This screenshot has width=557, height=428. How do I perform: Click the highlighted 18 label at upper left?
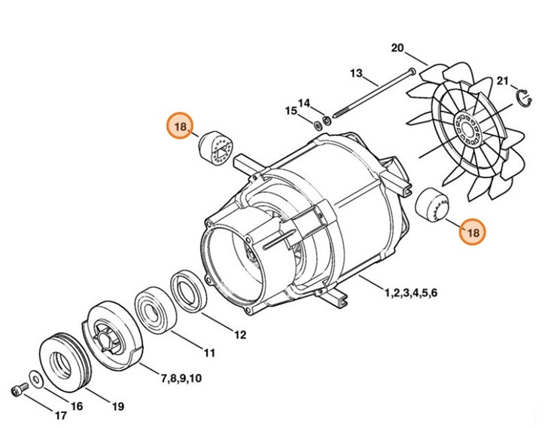tap(180, 127)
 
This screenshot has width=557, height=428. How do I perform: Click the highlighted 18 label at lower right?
tap(473, 233)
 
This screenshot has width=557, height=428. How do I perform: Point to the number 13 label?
tap(357, 73)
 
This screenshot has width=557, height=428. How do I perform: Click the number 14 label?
tap(303, 102)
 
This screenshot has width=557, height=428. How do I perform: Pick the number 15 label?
tap(291, 112)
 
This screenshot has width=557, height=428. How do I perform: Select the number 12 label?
tap(239, 335)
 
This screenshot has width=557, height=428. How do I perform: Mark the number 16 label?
tap(76, 406)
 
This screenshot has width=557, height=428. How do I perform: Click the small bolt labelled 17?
tap(18, 390)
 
